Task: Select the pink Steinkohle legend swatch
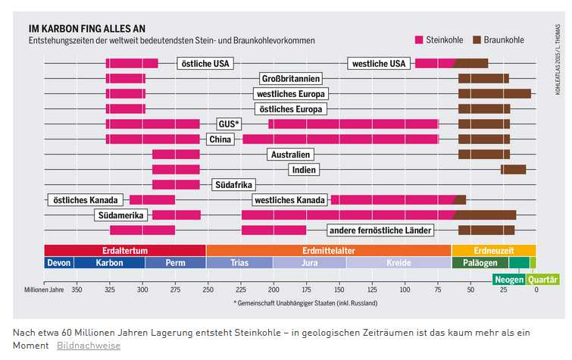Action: tap(419, 39)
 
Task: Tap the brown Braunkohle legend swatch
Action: tap(477, 39)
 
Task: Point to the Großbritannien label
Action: tap(290, 78)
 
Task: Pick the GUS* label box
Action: tap(228, 124)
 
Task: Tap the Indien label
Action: tap(304, 169)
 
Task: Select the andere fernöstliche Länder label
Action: tap(380, 230)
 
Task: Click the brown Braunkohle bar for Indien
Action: tap(514, 169)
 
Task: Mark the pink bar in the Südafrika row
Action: tap(176, 184)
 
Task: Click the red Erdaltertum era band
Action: tap(124, 250)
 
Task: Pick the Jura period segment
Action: tap(309, 263)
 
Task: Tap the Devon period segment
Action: tap(58, 263)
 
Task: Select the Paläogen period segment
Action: tap(480, 263)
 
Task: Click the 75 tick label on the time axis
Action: tap(438, 290)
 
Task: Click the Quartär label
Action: tap(542, 279)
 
